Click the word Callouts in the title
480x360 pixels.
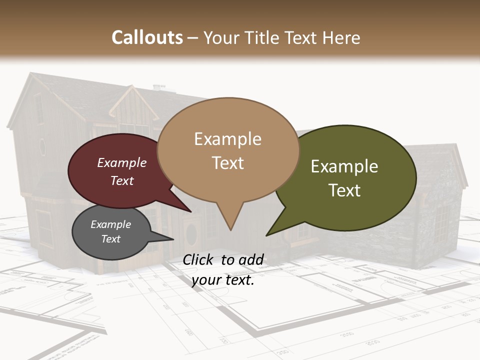(x=147, y=37)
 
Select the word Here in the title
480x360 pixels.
(x=341, y=37)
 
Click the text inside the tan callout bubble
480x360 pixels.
(x=227, y=150)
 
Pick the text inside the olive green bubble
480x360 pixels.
(x=344, y=178)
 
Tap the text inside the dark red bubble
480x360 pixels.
(x=122, y=171)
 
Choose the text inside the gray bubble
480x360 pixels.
(x=110, y=231)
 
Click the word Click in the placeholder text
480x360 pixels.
(x=199, y=259)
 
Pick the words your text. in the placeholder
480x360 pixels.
(x=223, y=280)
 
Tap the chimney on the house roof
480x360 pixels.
(x=159, y=88)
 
